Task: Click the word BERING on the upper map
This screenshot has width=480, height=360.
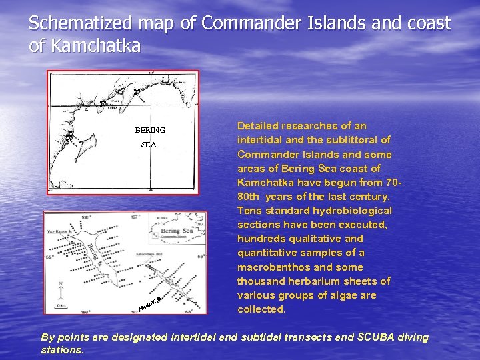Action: pos(150,130)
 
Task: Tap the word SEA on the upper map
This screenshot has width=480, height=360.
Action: pos(149,145)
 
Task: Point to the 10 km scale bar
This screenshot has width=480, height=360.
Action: pos(61,306)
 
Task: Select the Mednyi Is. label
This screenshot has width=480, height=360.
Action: pos(152,304)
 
